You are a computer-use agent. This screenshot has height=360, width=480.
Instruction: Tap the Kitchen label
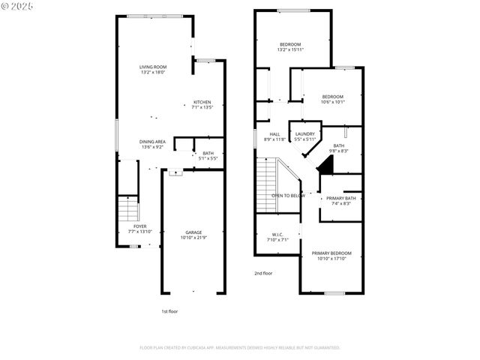pyautogui.click(x=202, y=104)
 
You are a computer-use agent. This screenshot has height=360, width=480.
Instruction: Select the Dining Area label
pyautogui.click(x=152, y=144)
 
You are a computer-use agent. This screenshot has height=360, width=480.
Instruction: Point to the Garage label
pyautogui.click(x=193, y=235)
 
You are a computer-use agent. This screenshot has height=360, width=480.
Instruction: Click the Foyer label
pyautogui.click(x=140, y=228)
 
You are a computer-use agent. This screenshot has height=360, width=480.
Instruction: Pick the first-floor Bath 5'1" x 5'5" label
pyautogui.click(x=208, y=155)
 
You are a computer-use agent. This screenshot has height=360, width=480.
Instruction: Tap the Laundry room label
pyautogui.click(x=304, y=136)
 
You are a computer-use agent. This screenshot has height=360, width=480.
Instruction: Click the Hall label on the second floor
pyautogui.click(x=274, y=136)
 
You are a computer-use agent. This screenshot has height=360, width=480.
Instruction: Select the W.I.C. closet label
pyautogui.click(x=277, y=237)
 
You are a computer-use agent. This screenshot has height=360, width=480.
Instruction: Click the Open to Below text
pyautogui.click(x=288, y=196)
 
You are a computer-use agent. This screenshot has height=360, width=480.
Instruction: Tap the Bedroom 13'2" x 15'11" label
pyautogui.click(x=290, y=47)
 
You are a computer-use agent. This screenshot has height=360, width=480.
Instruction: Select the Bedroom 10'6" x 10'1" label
pyautogui.click(x=333, y=98)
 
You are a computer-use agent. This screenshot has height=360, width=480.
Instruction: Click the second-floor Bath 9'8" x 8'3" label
pyautogui.click(x=339, y=148)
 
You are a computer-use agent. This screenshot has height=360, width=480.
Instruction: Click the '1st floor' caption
pyautogui.click(x=169, y=310)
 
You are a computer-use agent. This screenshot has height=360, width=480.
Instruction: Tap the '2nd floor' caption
pyautogui.click(x=263, y=273)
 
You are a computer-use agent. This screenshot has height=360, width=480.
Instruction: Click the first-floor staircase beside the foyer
pyautogui.click(x=127, y=208)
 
